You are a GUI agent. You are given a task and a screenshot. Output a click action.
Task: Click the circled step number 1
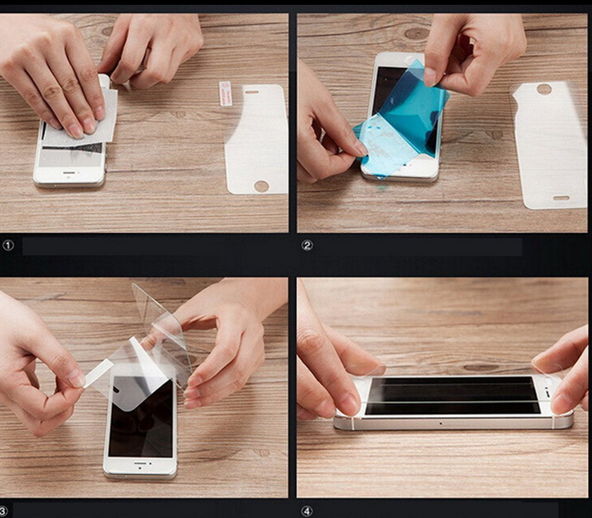click(x=8, y=246)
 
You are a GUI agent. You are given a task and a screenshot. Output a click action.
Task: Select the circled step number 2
click(x=307, y=246)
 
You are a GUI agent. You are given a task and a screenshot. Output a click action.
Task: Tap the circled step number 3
click(x=3, y=512)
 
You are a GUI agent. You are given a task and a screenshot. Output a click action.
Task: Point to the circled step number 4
click(x=307, y=512)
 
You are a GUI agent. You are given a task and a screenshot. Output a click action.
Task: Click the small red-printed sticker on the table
click(x=224, y=93)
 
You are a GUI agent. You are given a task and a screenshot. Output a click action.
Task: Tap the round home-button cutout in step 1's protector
click(x=261, y=186)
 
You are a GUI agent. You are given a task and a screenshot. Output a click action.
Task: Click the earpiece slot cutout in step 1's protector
click(x=252, y=92)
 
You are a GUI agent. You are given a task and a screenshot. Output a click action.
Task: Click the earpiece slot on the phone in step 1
click(x=70, y=172)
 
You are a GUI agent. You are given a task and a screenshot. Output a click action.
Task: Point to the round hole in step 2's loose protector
click(x=544, y=90)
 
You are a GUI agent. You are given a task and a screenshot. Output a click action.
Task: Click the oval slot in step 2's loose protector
click(x=562, y=198)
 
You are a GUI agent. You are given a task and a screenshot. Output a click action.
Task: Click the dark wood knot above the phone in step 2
click(x=416, y=34)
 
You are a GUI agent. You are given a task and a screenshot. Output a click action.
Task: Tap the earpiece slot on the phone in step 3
click(x=140, y=463)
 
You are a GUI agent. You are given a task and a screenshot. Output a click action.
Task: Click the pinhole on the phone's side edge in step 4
click(x=441, y=424)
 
